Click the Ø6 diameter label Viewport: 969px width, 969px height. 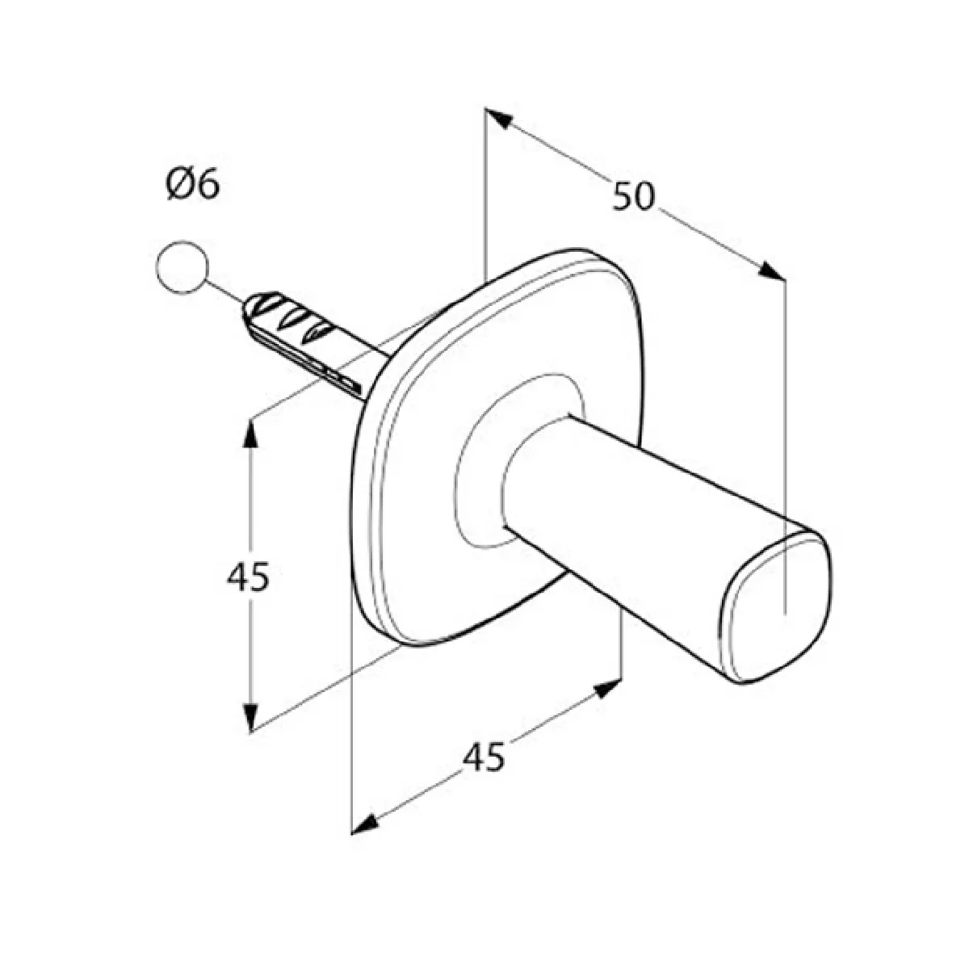point(193,185)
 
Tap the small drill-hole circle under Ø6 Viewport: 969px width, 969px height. point(182,267)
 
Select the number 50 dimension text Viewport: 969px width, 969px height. point(634,196)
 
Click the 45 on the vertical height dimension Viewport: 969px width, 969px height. point(249,577)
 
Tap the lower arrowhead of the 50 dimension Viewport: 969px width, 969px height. point(770,271)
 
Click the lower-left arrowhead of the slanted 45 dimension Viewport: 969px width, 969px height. point(364,826)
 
